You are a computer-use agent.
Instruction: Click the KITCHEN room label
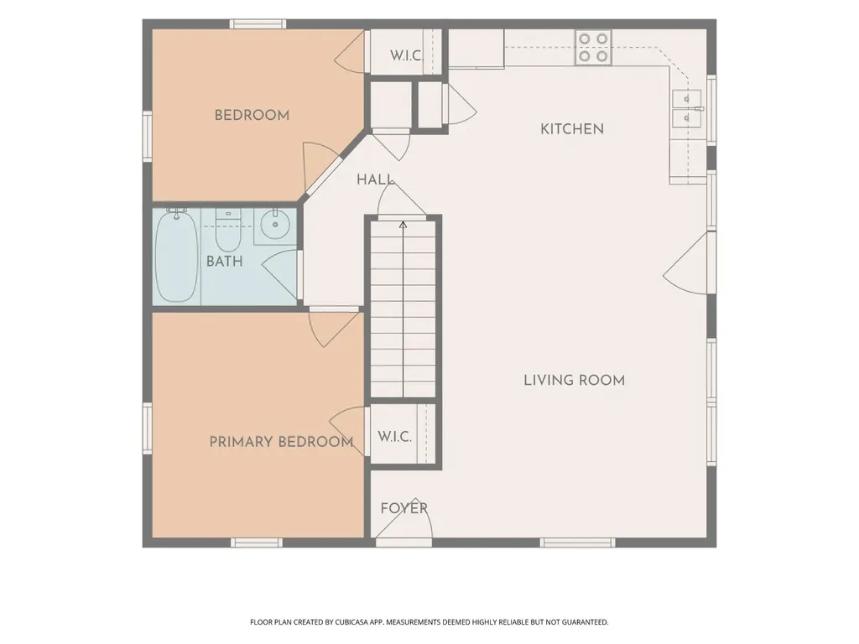coord(572,129)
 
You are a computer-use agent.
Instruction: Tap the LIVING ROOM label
coord(574,380)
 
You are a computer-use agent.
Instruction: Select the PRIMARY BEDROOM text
coord(281,442)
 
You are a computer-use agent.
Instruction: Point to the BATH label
coord(224,262)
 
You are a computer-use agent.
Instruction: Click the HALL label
coord(375,179)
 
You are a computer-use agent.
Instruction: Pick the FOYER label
coord(403,508)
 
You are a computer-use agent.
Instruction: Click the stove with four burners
coord(593,48)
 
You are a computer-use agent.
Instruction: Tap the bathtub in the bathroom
coord(176,257)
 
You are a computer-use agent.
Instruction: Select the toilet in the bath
coord(228,230)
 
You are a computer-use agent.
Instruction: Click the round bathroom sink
coord(275,225)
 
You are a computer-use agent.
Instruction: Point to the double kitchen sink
coord(687,108)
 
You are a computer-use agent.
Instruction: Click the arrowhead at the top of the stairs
coord(403,225)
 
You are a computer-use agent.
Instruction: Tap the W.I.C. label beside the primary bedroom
coord(394,437)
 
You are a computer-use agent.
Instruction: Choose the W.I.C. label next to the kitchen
coord(406,56)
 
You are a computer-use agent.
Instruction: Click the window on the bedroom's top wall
coord(258,24)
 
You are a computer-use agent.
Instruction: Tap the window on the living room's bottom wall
coord(577,543)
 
